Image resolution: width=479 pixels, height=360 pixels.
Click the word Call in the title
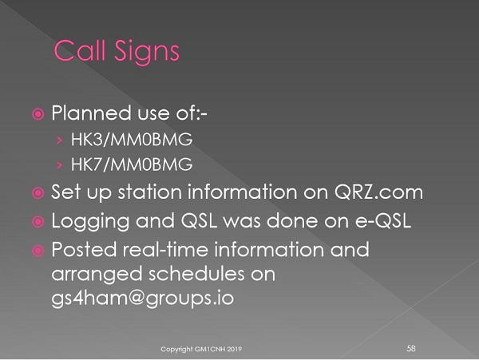coord(80,50)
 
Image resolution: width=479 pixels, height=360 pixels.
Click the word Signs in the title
coord(147,53)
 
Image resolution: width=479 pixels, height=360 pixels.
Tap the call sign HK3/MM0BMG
coord(132,140)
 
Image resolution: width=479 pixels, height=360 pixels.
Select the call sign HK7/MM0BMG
coord(132,164)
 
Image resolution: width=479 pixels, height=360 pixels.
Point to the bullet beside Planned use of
coord(38,114)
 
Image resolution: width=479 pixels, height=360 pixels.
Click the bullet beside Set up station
coord(38,193)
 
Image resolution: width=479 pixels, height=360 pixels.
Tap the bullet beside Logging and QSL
coord(38,222)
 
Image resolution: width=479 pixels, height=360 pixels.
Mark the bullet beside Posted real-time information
coord(38,251)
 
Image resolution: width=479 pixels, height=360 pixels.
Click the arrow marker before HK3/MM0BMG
coord(59,140)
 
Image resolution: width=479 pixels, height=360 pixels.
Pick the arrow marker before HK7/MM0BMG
coord(59,165)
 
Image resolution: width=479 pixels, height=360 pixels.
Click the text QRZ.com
coord(378,192)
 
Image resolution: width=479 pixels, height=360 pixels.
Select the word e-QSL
coord(383,220)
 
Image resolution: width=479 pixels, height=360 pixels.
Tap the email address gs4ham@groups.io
coord(142,298)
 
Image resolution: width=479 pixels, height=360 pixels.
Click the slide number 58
coord(411,348)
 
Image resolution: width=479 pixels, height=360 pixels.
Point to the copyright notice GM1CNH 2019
coord(201,349)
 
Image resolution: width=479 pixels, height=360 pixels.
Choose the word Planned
coord(91,113)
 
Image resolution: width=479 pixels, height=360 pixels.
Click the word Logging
coord(90,222)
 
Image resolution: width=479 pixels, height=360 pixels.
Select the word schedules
coord(196,273)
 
